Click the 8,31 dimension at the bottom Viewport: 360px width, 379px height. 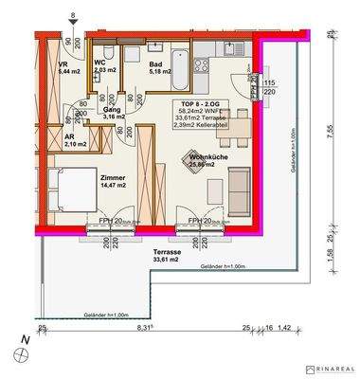tap(143, 327)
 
